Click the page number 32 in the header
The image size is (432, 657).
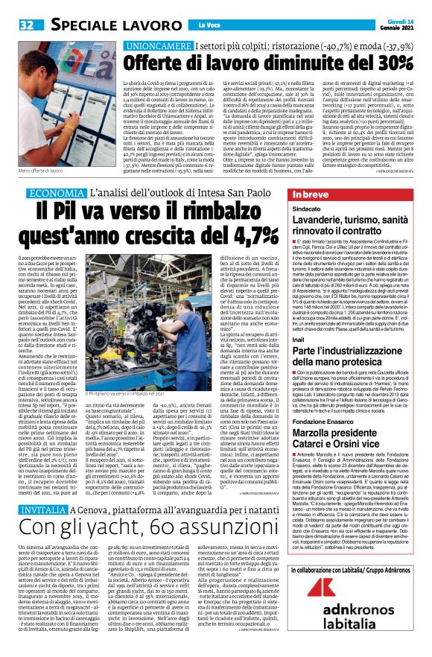26,25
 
